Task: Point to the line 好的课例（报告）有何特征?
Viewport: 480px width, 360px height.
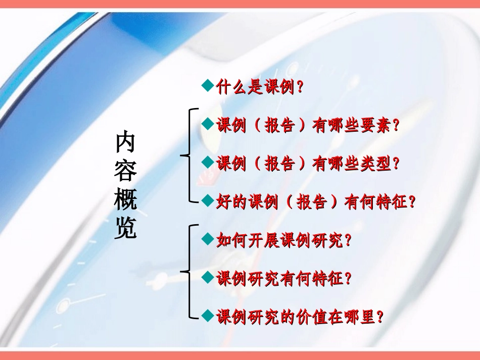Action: pyautogui.click(x=316, y=202)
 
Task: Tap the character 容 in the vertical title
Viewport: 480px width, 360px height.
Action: pyautogui.click(x=125, y=172)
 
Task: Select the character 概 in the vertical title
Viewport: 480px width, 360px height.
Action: pyautogui.click(x=125, y=200)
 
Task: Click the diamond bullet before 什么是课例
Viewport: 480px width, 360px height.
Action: pyautogui.click(x=206, y=86)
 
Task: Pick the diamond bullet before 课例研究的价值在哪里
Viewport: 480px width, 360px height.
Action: pyautogui.click(x=206, y=316)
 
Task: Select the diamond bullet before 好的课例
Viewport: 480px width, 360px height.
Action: pyautogui.click(x=206, y=200)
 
